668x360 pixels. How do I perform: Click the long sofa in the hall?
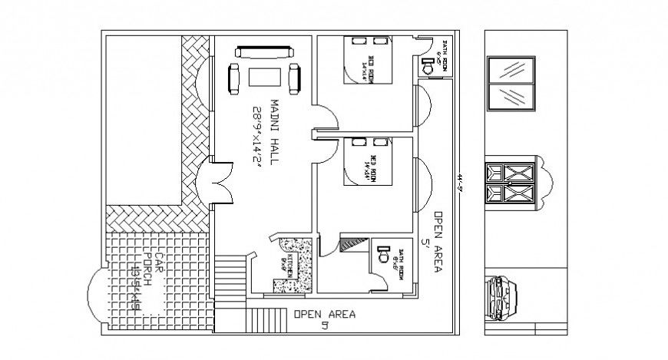click(265, 52)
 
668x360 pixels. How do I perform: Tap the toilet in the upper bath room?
click(432, 68)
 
